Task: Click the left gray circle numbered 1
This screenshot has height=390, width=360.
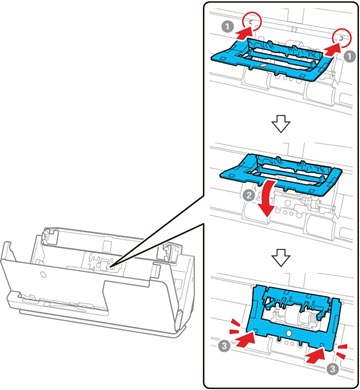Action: (228, 27)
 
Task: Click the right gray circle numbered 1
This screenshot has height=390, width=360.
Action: (349, 56)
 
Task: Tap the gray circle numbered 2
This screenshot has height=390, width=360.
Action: (249, 196)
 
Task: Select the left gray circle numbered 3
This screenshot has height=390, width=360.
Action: (224, 346)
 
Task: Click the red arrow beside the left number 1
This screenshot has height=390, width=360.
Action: (244, 32)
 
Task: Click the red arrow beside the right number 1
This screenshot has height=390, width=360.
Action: (333, 50)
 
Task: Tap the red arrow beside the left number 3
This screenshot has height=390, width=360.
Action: (244, 339)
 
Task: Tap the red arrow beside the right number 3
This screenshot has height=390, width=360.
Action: (316, 356)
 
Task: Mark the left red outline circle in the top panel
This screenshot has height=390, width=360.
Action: (252, 21)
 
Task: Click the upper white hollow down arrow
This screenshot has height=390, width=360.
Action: (281, 125)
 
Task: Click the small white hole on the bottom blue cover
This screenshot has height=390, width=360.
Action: (289, 333)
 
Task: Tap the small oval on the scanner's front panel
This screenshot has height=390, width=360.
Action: (42, 274)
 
